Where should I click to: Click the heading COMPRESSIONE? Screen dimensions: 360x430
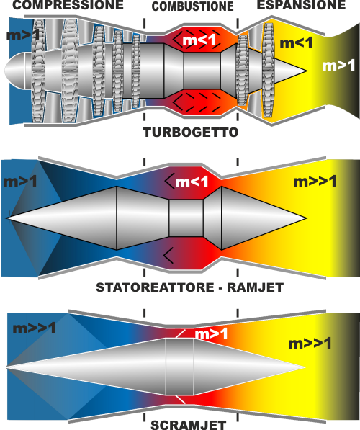[x=68, y=5]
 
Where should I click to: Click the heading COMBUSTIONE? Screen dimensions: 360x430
[x=192, y=6]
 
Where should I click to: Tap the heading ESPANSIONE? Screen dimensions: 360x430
[x=301, y=5]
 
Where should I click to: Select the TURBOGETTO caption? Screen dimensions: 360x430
[x=191, y=133]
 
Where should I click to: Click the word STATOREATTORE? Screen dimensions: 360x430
[x=156, y=287]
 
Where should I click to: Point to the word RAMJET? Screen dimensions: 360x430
[x=256, y=287]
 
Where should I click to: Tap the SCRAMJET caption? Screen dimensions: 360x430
[x=189, y=425]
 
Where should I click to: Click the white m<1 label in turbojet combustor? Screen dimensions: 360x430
[x=199, y=40]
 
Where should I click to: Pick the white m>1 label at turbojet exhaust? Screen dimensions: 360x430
[x=338, y=66]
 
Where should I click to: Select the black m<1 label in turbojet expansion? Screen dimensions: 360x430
[x=296, y=43]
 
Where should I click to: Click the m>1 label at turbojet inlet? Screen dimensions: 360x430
[x=23, y=35]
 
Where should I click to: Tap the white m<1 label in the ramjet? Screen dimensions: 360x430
[x=192, y=182]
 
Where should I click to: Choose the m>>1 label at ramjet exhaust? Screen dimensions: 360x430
[x=315, y=182]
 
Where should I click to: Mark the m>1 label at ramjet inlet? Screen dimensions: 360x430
[x=20, y=182]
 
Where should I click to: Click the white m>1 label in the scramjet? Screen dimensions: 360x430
[x=211, y=334]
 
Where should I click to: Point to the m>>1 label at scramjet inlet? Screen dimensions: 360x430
[x=34, y=328]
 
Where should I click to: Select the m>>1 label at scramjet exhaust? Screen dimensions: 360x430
[x=310, y=344]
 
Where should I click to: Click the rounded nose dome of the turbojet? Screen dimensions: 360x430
[x=15, y=71]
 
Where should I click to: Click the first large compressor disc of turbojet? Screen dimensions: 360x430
[x=38, y=71]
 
